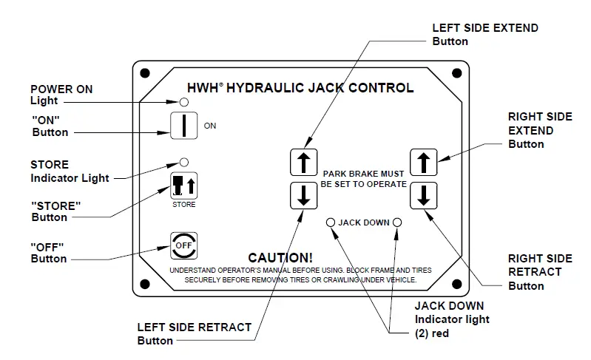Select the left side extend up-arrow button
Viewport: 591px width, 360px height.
(303, 163)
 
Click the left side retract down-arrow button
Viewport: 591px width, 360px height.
(303, 195)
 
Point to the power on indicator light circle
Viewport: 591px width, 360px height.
(183, 101)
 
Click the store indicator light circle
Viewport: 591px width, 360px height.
(184, 161)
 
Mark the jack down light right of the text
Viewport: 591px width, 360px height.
(397, 222)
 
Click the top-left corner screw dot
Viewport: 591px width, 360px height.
(145, 72)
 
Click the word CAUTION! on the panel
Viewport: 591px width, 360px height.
(280, 258)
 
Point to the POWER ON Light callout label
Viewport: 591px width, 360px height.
(61, 95)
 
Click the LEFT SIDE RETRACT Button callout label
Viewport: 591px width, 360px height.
(195, 333)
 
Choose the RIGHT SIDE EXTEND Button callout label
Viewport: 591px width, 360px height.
(539, 130)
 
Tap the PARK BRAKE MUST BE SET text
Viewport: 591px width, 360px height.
(363, 178)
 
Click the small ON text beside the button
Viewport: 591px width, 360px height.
(210, 126)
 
